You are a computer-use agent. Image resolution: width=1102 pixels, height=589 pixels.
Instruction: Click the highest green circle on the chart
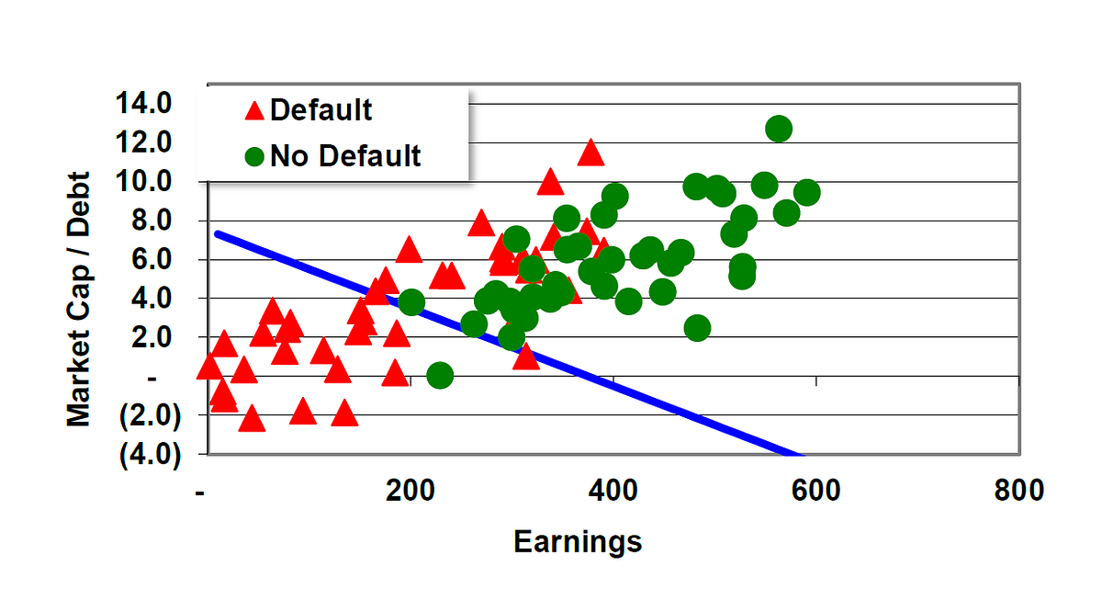(779, 129)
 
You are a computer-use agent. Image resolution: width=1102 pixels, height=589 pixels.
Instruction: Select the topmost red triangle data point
(590, 153)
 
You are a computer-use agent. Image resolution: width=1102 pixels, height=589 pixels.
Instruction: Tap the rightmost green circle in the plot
(806, 192)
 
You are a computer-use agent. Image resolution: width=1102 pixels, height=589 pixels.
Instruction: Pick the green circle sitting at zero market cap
(440, 375)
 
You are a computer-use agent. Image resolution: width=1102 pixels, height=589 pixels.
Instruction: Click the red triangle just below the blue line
(525, 357)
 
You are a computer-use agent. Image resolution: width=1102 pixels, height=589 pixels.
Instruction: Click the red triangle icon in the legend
(254, 111)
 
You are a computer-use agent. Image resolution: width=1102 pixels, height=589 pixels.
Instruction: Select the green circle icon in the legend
(254, 156)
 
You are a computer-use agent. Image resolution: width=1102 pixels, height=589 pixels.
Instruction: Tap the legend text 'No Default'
(345, 156)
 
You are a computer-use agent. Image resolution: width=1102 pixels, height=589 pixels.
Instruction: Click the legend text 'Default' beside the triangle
(320, 110)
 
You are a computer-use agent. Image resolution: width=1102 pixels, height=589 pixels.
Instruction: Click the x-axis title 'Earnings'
(578, 541)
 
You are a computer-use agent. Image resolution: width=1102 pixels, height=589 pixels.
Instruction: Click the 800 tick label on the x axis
(1018, 491)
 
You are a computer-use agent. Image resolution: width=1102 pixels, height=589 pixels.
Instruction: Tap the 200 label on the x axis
(410, 491)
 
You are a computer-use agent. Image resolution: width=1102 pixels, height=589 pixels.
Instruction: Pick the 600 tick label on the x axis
(815, 491)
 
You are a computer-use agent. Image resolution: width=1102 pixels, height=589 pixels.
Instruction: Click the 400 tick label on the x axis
(613, 491)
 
